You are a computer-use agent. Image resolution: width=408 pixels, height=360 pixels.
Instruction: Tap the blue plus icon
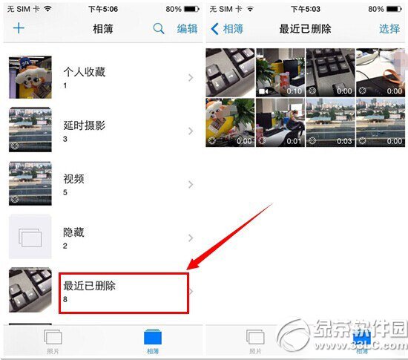(19, 29)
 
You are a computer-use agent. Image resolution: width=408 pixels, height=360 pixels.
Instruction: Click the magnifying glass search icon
(159, 29)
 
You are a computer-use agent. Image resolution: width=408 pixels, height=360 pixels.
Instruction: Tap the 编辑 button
(187, 29)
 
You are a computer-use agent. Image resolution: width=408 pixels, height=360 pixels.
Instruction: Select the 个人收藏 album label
(84, 72)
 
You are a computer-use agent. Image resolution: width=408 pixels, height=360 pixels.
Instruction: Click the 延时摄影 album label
(84, 125)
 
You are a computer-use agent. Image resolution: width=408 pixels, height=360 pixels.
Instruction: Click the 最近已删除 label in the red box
(90, 286)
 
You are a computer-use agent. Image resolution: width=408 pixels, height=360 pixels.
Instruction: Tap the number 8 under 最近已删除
(65, 299)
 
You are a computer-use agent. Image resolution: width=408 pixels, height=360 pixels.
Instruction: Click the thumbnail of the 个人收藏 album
(30, 77)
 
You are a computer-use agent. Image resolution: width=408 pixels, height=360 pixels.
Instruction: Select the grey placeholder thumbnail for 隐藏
(30, 238)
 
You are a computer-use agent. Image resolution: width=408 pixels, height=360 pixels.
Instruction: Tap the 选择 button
(389, 29)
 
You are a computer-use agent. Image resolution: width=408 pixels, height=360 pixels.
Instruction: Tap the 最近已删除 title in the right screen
(305, 29)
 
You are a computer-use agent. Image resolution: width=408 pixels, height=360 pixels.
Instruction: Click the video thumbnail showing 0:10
(280, 72)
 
